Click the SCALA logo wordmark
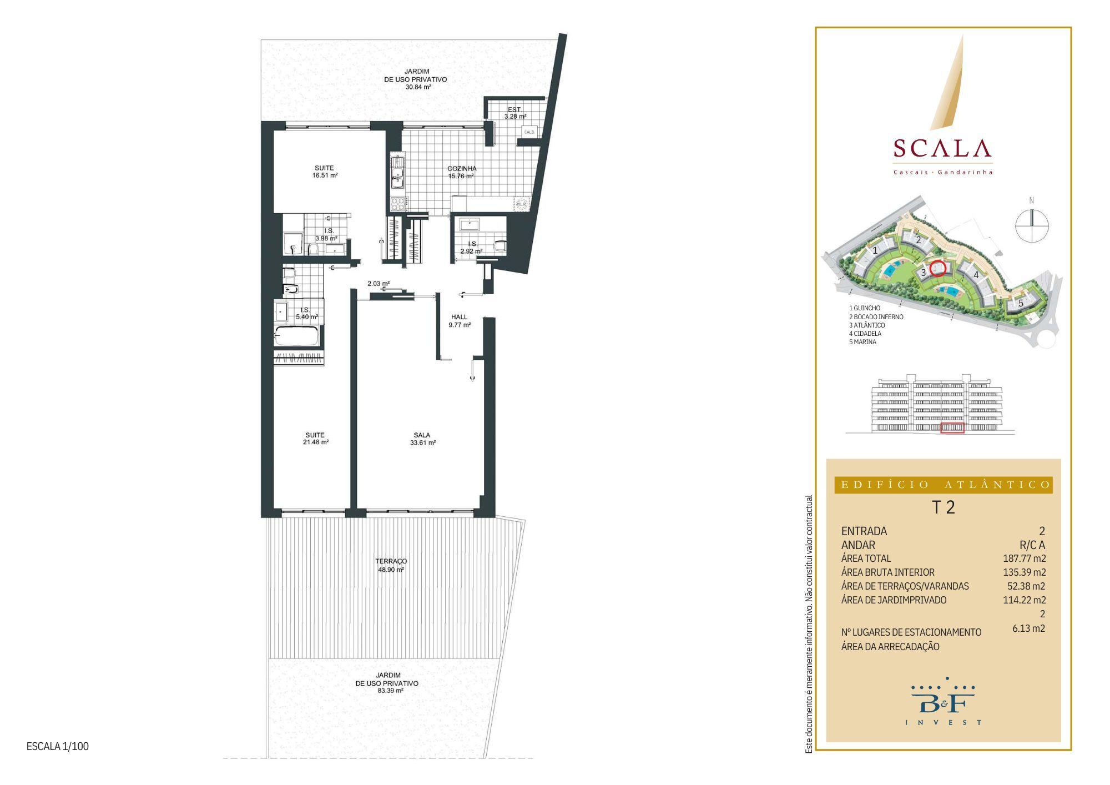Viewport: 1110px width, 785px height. pyautogui.click(x=942, y=148)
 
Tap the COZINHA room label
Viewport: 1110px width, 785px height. pyautogui.click(x=462, y=169)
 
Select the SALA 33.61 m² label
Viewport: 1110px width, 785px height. pyautogui.click(x=422, y=439)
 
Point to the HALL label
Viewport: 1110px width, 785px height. pyautogui.click(x=459, y=317)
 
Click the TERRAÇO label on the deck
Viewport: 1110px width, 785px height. pyautogui.click(x=391, y=561)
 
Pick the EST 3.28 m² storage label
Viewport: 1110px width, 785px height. pyautogui.click(x=514, y=113)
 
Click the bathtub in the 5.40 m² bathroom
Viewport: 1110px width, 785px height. pyautogui.click(x=297, y=336)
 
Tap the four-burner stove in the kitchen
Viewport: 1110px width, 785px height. pyautogui.click(x=398, y=204)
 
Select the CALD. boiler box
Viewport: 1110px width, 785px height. pyautogui.click(x=529, y=132)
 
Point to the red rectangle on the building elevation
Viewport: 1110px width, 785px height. pyautogui.click(x=952, y=427)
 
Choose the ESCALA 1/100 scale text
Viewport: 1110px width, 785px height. pyautogui.click(x=58, y=746)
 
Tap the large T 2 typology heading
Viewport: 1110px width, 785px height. pyautogui.click(x=943, y=507)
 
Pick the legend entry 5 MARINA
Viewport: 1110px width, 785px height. pyautogui.click(x=862, y=342)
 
